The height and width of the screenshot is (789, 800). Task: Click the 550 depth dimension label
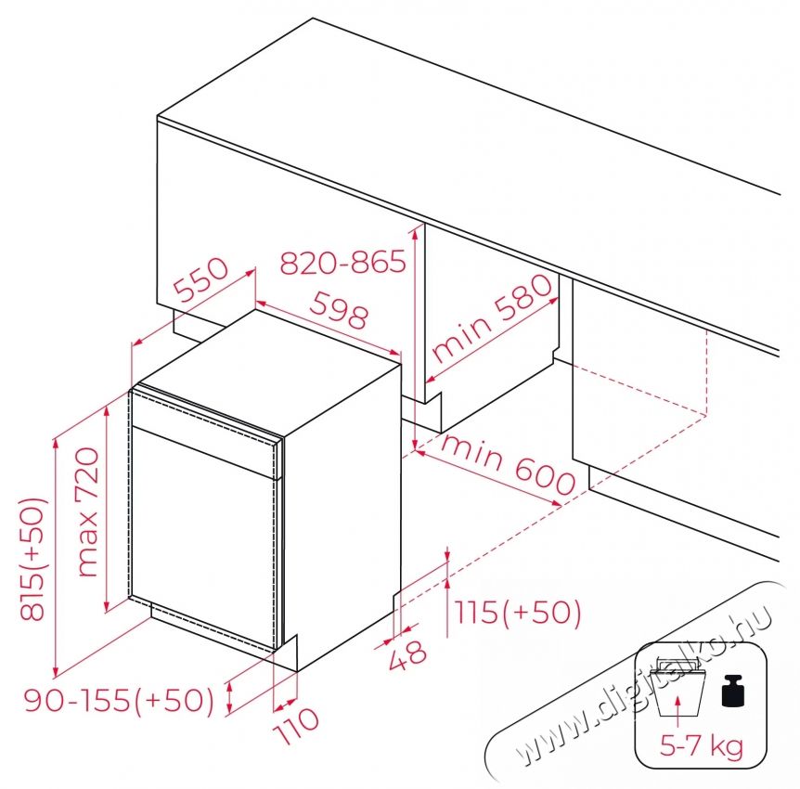[x=200, y=279]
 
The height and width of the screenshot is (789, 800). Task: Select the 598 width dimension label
[x=339, y=310]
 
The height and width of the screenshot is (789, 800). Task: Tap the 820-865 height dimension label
[x=342, y=263]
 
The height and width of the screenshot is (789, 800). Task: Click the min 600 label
[x=509, y=465]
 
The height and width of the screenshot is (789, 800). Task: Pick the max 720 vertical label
[x=88, y=511]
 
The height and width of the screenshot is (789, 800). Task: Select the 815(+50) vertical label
[x=33, y=559]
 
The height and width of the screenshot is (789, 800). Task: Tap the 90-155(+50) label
[x=120, y=700]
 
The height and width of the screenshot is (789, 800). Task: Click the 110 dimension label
[x=296, y=726]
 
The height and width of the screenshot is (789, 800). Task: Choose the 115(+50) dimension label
[x=517, y=612]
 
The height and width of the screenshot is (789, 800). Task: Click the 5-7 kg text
[x=701, y=746]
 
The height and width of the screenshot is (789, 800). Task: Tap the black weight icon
[x=734, y=691]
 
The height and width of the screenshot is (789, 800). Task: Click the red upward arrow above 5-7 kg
[x=677, y=713]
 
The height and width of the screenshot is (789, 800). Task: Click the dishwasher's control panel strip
[x=205, y=433]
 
